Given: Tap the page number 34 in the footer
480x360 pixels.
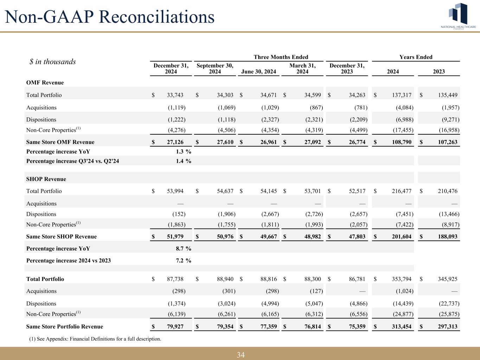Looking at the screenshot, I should tap(241, 355).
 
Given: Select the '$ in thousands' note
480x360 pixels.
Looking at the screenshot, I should tap(52, 62).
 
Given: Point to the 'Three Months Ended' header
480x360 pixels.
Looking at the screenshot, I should tap(281, 57).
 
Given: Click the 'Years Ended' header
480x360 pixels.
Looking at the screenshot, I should tap(416, 57).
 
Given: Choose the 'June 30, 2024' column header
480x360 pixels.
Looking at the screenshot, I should tap(259, 72).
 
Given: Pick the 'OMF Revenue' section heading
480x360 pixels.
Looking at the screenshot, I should tap(45, 83).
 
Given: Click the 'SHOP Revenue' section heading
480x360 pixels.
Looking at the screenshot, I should tap(46, 179).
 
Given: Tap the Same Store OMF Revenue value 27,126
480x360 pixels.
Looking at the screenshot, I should tap(176, 142).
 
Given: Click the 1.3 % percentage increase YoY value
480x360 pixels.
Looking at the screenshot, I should tap(183, 152).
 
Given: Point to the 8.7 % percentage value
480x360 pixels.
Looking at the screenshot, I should tap(183, 249).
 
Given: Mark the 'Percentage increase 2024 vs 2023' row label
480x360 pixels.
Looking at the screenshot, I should tap(69, 261).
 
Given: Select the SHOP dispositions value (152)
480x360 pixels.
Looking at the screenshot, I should tap(179, 214).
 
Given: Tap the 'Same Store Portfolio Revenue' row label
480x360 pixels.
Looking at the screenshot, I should tap(65, 327).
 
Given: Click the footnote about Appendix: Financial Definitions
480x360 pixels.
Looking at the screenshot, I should tap(95, 339).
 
